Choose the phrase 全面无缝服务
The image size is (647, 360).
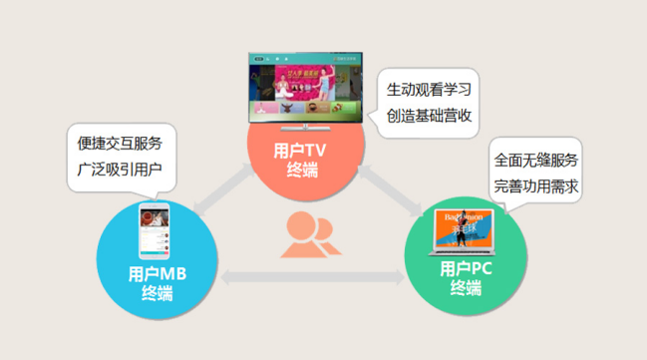[x=536, y=160]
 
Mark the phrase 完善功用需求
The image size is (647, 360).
[x=536, y=185]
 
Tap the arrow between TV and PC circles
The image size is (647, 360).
[x=393, y=189]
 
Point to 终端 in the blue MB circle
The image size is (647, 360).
[x=158, y=293]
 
